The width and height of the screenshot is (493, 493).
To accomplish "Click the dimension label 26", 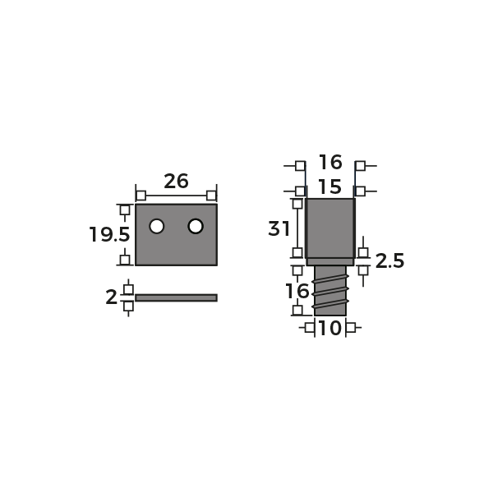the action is coord(176,181).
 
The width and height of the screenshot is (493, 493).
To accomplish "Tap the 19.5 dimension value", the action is coord(109,234).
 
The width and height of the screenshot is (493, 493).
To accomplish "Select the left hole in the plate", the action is coord(157,226).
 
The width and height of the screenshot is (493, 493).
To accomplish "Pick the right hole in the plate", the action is coord(196,226).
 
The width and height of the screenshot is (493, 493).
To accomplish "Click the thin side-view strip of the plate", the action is coord(176,297).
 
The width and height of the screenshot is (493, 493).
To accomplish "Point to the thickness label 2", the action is coord(111,297).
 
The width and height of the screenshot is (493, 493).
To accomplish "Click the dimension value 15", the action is coord(329,187).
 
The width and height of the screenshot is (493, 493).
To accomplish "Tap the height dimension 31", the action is coord(279,228).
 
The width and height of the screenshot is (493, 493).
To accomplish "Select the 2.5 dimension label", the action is coord(389,261).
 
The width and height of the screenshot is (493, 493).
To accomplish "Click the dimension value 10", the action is coord(329,328).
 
